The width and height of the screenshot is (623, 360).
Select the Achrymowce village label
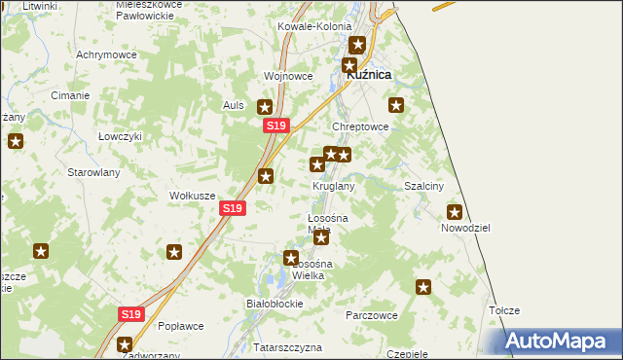pos(104,54)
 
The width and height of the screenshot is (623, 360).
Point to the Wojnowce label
pos(288,76)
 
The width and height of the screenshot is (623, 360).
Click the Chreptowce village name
pos(361,126)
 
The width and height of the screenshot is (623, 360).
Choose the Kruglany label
pos(333,186)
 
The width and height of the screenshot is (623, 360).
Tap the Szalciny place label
pos(423,186)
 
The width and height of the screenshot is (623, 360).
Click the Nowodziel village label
pos(464,227)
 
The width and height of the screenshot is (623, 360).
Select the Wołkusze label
pos(193,196)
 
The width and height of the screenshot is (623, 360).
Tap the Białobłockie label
pos(275,304)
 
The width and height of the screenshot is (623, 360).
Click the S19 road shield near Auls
pos(276,126)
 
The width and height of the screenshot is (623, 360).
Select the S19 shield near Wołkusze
pos(232,208)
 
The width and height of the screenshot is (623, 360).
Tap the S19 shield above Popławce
pos(132,314)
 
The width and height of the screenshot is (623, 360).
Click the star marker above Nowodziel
pos(454,211)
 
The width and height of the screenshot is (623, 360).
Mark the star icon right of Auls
pos(264,107)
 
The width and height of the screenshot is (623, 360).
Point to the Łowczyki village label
pos(121,136)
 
